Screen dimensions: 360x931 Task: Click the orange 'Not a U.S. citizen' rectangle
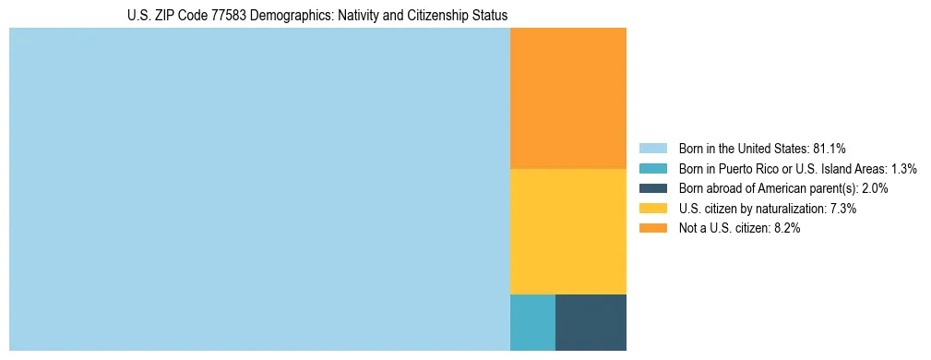567,98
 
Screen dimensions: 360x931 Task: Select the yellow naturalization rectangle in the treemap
567,231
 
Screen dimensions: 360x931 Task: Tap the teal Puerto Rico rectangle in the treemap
532,322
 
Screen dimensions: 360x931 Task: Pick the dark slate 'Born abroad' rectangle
591,322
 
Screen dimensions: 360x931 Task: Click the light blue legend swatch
652,149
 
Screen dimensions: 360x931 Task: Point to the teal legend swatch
652,169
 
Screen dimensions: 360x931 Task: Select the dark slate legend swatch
652,188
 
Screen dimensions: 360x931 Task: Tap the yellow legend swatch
652,209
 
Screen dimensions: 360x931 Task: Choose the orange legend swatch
652,228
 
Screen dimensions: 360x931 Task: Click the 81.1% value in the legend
830,149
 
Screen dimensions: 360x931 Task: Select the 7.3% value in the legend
841,209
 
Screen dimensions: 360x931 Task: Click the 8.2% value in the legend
785,228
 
